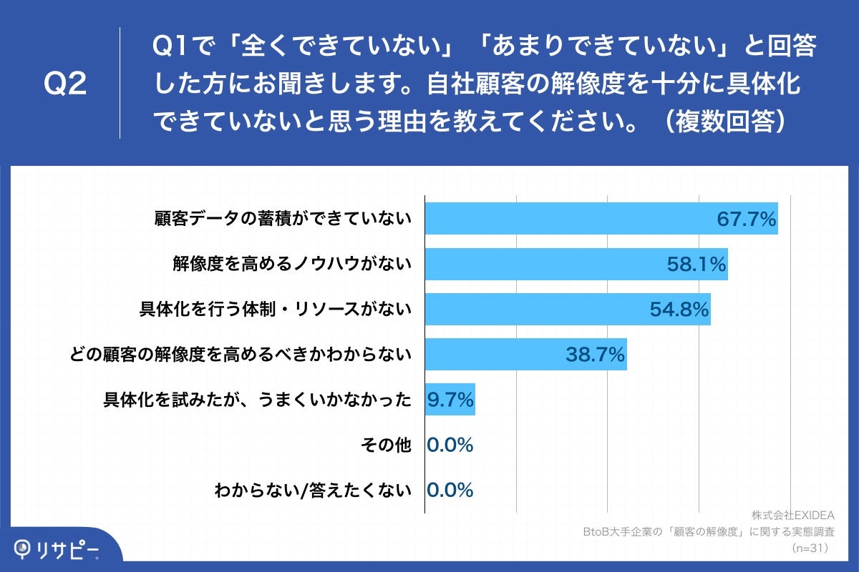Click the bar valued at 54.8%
tap(567, 309)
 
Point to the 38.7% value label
tap(596, 354)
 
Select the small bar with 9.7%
tap(450, 400)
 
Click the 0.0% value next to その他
tap(450, 445)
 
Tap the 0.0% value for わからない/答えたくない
tap(450, 490)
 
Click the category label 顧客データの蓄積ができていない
tap(283, 219)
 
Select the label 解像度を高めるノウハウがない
tap(291, 265)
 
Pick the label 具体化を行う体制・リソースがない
tap(275, 310)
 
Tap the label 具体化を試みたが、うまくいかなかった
tap(257, 400)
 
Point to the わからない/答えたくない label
tap(313, 490)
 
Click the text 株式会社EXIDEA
tap(793, 516)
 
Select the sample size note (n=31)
tap(810, 548)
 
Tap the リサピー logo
tap(57, 549)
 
